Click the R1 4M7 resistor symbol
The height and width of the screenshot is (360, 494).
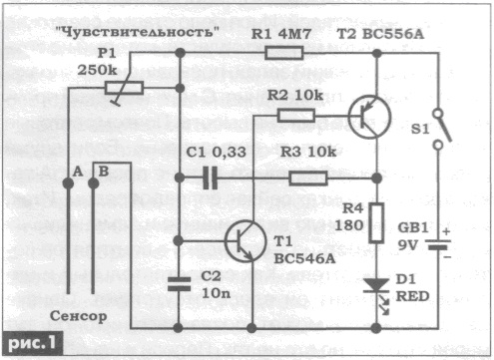point(284,53)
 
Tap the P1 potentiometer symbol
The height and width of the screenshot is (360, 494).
point(124,88)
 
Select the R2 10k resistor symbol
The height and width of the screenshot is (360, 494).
point(296,116)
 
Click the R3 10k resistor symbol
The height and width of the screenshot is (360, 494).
point(308,179)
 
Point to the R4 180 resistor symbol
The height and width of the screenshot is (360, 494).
point(376,223)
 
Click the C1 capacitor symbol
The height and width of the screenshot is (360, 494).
point(211,179)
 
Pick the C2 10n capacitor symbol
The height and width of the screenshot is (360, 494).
point(179,284)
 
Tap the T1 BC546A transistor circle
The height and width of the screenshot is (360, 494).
point(246,241)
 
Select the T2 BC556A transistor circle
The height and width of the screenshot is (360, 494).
point(369,117)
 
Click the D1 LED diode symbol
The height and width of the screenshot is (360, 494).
point(377,292)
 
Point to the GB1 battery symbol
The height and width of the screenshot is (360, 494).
point(438,244)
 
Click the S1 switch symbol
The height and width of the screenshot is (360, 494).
point(441,129)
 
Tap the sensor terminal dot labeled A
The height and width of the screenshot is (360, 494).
point(68,183)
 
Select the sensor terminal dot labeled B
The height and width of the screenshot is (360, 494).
point(94,183)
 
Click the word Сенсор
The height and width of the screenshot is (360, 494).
point(79,316)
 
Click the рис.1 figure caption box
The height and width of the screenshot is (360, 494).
point(32,343)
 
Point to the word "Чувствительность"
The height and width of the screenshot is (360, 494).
point(137,33)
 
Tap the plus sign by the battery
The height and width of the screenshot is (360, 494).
point(446,231)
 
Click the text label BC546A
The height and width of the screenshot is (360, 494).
point(304,258)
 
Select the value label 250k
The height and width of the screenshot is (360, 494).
point(97,70)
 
